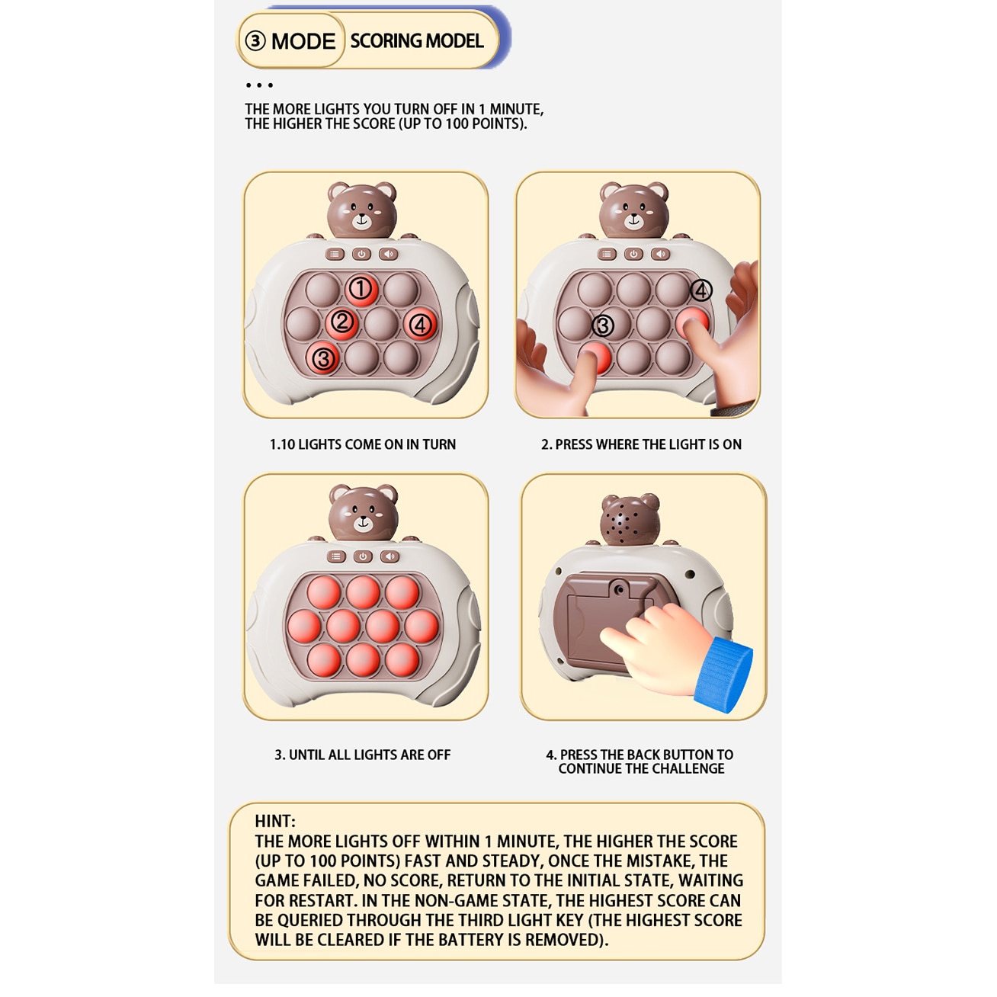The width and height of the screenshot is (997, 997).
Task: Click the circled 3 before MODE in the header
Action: point(255,41)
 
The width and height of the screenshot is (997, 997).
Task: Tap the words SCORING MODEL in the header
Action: point(417,41)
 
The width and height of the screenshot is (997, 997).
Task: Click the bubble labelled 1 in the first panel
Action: point(361,289)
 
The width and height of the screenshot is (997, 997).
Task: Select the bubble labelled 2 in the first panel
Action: point(341,323)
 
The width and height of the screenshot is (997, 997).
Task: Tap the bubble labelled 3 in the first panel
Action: point(323,357)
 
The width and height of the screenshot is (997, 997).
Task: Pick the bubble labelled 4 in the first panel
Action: point(420,325)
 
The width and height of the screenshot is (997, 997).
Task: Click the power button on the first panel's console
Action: point(361,254)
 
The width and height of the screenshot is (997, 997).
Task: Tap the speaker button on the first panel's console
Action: point(389,254)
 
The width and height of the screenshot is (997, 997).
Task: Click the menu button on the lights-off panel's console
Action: point(336,556)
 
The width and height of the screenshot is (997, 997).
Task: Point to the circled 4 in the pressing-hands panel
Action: point(701,290)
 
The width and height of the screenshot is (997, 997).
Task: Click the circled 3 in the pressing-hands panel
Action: point(603,325)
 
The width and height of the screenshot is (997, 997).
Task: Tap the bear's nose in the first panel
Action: point(361,216)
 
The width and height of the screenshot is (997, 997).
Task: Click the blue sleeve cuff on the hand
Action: point(723,674)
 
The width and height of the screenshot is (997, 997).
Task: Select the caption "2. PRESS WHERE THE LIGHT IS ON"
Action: point(641,444)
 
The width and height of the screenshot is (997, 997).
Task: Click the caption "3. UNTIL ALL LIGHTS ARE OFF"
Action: point(362,755)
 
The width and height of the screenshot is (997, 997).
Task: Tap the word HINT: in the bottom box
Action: point(274,821)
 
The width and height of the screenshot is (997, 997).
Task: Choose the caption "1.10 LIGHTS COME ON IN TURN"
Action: point(363,444)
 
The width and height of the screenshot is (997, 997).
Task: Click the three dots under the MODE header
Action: point(259,85)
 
